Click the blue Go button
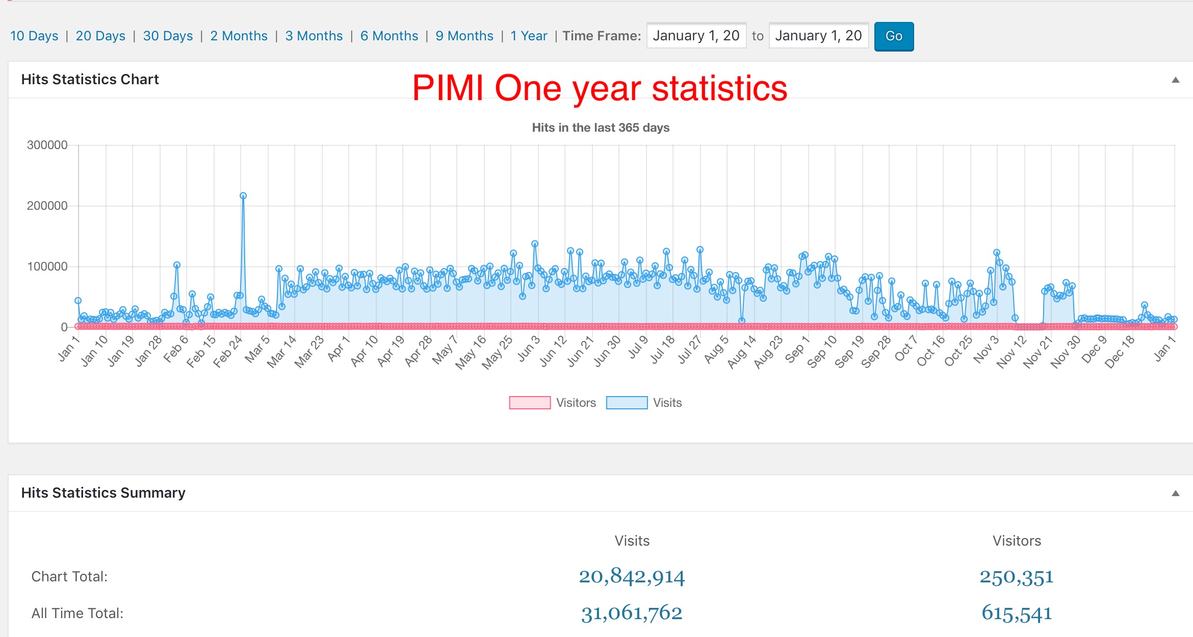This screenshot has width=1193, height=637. (x=894, y=36)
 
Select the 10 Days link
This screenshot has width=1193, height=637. (x=34, y=36)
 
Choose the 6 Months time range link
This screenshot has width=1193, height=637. (x=389, y=36)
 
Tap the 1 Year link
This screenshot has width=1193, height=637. (x=529, y=36)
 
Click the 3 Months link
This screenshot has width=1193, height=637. (x=314, y=36)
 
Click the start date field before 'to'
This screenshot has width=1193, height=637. (x=696, y=36)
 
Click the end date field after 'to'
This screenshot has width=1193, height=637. (x=818, y=36)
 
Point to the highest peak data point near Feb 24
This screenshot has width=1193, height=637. (x=243, y=196)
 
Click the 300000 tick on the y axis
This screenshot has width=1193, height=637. (x=47, y=145)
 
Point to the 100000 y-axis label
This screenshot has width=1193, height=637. (x=47, y=266)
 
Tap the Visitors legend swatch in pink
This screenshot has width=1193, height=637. (x=530, y=403)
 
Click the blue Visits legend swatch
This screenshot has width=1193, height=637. (x=627, y=403)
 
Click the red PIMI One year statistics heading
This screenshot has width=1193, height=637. (x=600, y=88)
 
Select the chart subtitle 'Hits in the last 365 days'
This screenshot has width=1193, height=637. (x=601, y=128)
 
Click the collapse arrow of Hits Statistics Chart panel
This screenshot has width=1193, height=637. (x=1175, y=80)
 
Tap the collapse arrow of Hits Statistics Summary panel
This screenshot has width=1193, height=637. (x=1175, y=494)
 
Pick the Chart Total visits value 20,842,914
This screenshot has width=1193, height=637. (x=632, y=577)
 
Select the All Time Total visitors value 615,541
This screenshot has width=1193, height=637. (x=1017, y=613)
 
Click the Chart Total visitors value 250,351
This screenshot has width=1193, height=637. (x=1017, y=577)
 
